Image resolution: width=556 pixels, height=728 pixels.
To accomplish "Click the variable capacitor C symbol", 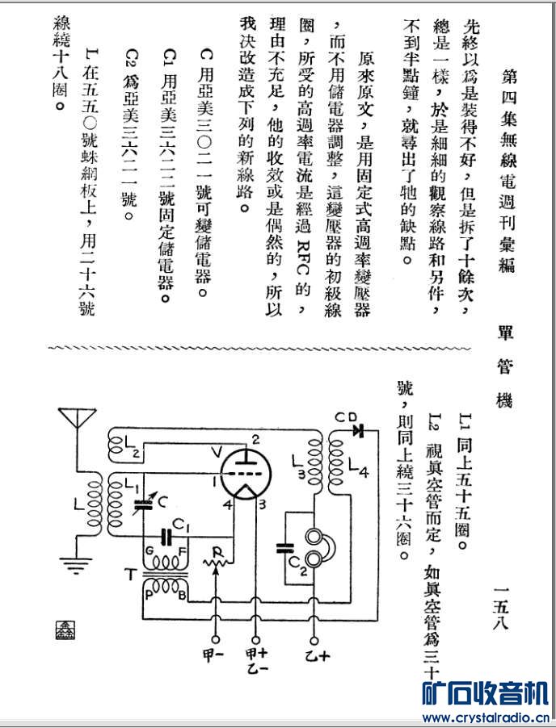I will point(144,504).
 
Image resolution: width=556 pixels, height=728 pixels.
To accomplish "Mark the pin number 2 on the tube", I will point(255,440).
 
